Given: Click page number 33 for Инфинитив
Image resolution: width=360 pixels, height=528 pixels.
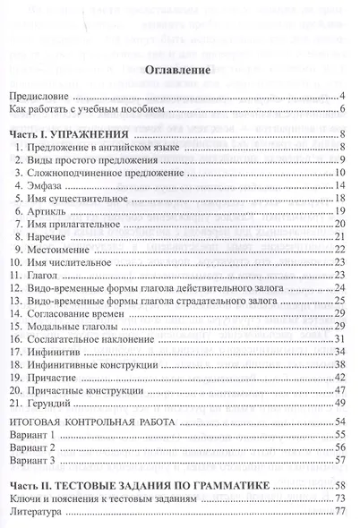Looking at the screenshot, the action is click(x=339, y=351).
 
